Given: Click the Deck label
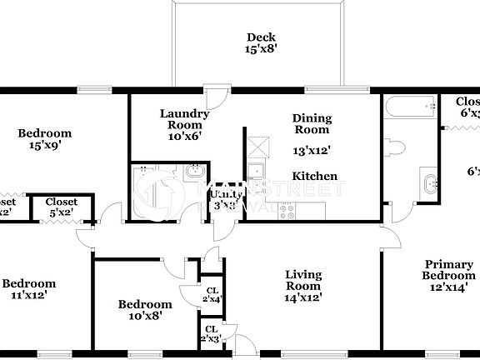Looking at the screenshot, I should [x=261, y=42].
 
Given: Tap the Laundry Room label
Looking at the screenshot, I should [x=183, y=124].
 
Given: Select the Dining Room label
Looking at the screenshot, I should [x=311, y=124].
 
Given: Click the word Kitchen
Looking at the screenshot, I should [x=314, y=176].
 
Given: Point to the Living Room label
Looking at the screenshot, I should [x=303, y=285].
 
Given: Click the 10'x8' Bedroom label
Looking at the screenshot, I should [x=145, y=310].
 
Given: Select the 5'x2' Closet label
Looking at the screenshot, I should [x=62, y=207].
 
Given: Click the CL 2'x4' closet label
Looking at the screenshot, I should [x=212, y=294].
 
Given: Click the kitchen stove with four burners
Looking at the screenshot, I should [x=287, y=209].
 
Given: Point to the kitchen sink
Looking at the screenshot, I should [x=257, y=174].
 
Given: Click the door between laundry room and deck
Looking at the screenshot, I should [x=216, y=93].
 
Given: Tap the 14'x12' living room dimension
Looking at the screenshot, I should [x=303, y=297].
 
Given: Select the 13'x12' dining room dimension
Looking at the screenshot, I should [x=312, y=151].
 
